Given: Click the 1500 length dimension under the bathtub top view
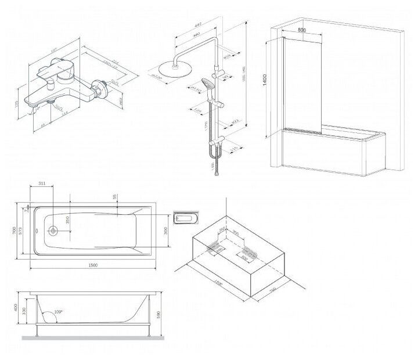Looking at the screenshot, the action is (x=92, y=265).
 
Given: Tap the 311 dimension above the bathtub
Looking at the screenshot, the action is (x=41, y=183).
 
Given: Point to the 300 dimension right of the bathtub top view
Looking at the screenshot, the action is (x=166, y=231).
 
